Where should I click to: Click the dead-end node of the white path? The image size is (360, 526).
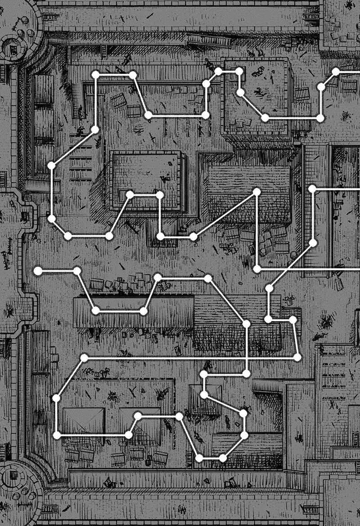38,270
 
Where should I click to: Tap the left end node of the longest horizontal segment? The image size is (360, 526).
84,358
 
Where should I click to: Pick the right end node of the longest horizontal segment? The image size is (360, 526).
297,357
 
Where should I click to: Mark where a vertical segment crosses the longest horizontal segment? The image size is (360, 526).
246,358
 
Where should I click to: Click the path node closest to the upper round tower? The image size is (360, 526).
95,75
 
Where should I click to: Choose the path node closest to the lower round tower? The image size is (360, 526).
57,435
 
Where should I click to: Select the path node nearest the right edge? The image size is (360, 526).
335,72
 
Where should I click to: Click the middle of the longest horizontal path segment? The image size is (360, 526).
190,358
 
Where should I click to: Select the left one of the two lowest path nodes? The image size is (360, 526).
199,458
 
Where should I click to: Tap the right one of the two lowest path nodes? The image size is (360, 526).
223,458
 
